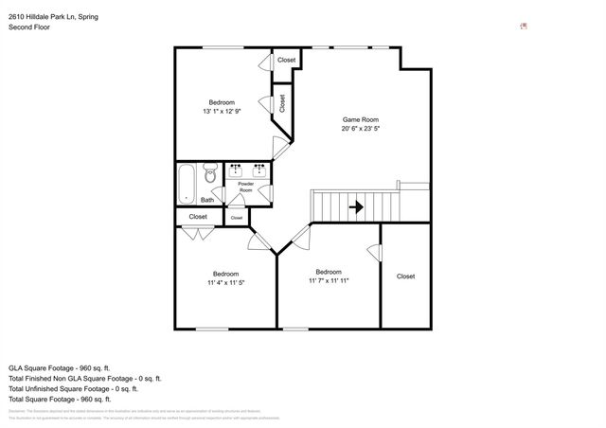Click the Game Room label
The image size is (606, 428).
(360, 119)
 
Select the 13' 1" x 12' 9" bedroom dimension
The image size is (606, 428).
(222, 112)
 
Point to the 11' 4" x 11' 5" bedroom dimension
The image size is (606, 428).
(226, 282)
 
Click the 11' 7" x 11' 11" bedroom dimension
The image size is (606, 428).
(329, 280)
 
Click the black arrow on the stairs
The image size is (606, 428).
(357, 205)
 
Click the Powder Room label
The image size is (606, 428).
(245, 187)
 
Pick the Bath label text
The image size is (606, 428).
(206, 200)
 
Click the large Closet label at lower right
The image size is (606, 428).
(405, 276)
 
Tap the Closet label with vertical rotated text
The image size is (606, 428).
(282, 102)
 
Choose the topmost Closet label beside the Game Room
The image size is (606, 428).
(286, 61)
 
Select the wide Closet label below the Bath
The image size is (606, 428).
(198, 217)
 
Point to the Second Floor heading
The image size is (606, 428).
(29, 27)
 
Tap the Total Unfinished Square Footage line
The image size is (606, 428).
(74, 388)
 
